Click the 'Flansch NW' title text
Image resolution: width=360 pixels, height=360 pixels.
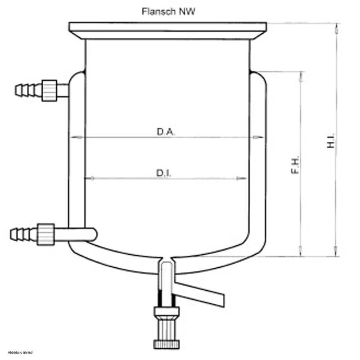(x=168, y=11)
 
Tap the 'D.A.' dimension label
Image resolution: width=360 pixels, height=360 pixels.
(x=166, y=132)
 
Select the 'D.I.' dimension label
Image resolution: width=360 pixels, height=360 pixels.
(x=164, y=173)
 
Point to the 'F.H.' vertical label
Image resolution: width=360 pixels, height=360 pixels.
(x=295, y=165)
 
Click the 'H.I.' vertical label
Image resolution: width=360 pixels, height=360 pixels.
(x=331, y=140)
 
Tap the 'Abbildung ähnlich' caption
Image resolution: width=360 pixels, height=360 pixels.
(x=21, y=352)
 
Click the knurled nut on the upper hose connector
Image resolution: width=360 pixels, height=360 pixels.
(x=49, y=90)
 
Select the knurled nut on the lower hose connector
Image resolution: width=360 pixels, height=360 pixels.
(x=46, y=234)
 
